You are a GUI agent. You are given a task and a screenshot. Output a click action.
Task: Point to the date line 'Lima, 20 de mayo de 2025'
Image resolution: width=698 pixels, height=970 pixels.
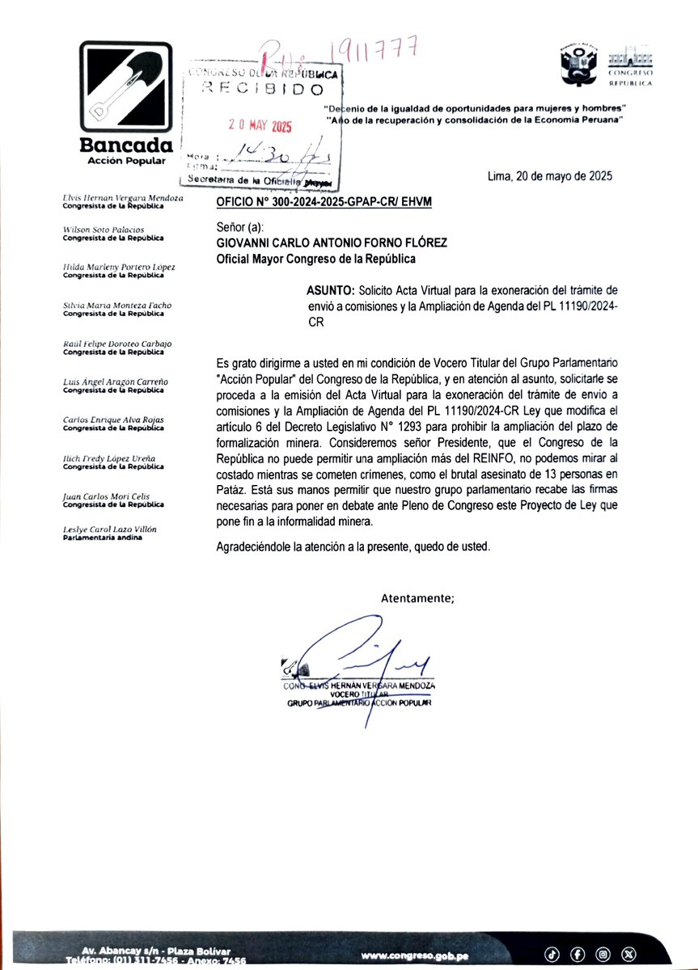point(550,176)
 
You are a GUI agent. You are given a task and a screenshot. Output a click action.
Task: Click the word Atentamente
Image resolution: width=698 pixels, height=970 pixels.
point(417,598)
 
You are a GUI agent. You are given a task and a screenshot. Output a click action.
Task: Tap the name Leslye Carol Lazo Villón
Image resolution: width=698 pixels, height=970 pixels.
point(110,529)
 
